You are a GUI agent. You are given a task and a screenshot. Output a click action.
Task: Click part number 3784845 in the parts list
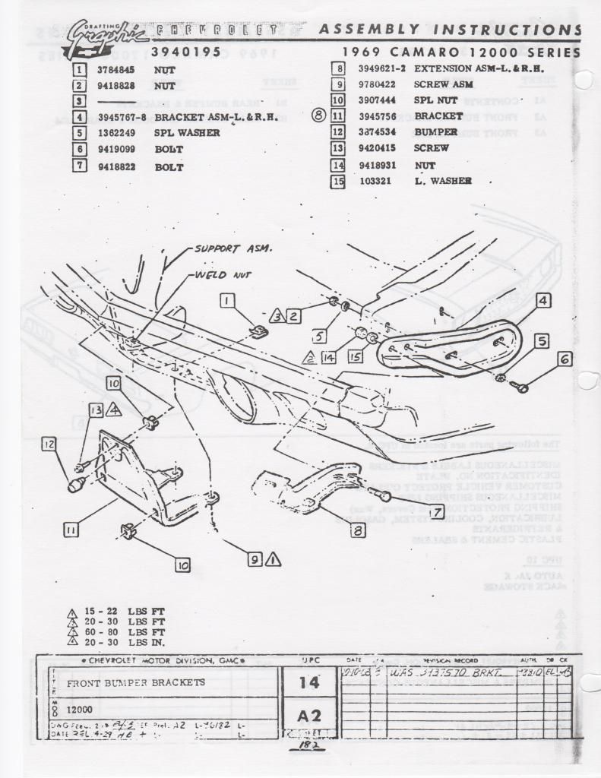tap(115, 70)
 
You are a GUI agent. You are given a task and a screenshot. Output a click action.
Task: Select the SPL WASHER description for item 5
tap(188, 133)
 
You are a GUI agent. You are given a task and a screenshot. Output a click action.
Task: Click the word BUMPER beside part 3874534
tap(436, 132)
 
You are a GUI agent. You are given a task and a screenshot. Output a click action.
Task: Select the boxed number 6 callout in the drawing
tap(565, 359)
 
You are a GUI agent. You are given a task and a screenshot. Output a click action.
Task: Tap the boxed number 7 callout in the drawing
tap(437, 512)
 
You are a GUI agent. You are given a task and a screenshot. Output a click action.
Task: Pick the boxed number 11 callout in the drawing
tap(71, 531)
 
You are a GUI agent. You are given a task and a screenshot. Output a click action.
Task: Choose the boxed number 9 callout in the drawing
tap(255, 559)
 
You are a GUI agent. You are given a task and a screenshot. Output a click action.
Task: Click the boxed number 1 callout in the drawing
tap(226, 301)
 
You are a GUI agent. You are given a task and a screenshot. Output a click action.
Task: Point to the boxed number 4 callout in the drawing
tap(542, 301)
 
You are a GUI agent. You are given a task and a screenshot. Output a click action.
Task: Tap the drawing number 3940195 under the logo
tap(185, 52)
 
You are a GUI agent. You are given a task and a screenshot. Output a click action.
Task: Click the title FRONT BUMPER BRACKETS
tap(136, 682)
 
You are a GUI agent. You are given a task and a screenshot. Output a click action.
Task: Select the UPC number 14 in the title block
tap(309, 682)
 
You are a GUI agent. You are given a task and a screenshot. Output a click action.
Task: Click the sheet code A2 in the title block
tap(309, 715)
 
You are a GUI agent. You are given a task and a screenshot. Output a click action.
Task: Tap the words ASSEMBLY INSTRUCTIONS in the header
tap(450, 30)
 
